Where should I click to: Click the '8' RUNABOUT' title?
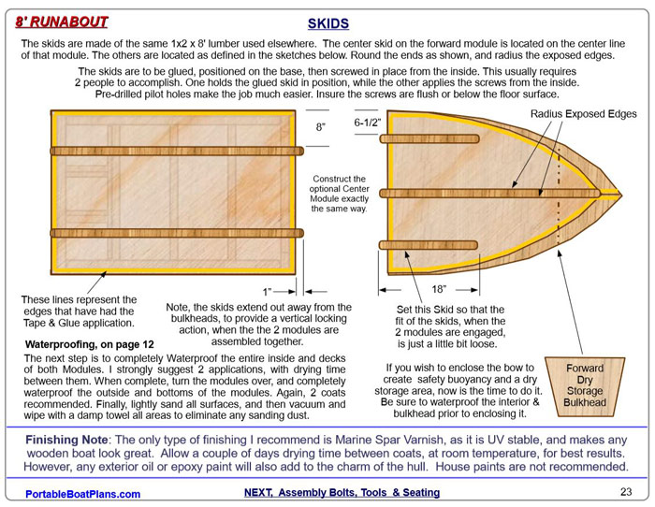61,21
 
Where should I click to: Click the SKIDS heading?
327,22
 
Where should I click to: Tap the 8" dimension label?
321,127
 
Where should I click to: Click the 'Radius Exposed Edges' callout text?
582,113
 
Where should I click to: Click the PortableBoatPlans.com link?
82,493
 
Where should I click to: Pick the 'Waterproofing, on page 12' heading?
89,344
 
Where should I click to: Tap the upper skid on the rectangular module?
173,150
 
